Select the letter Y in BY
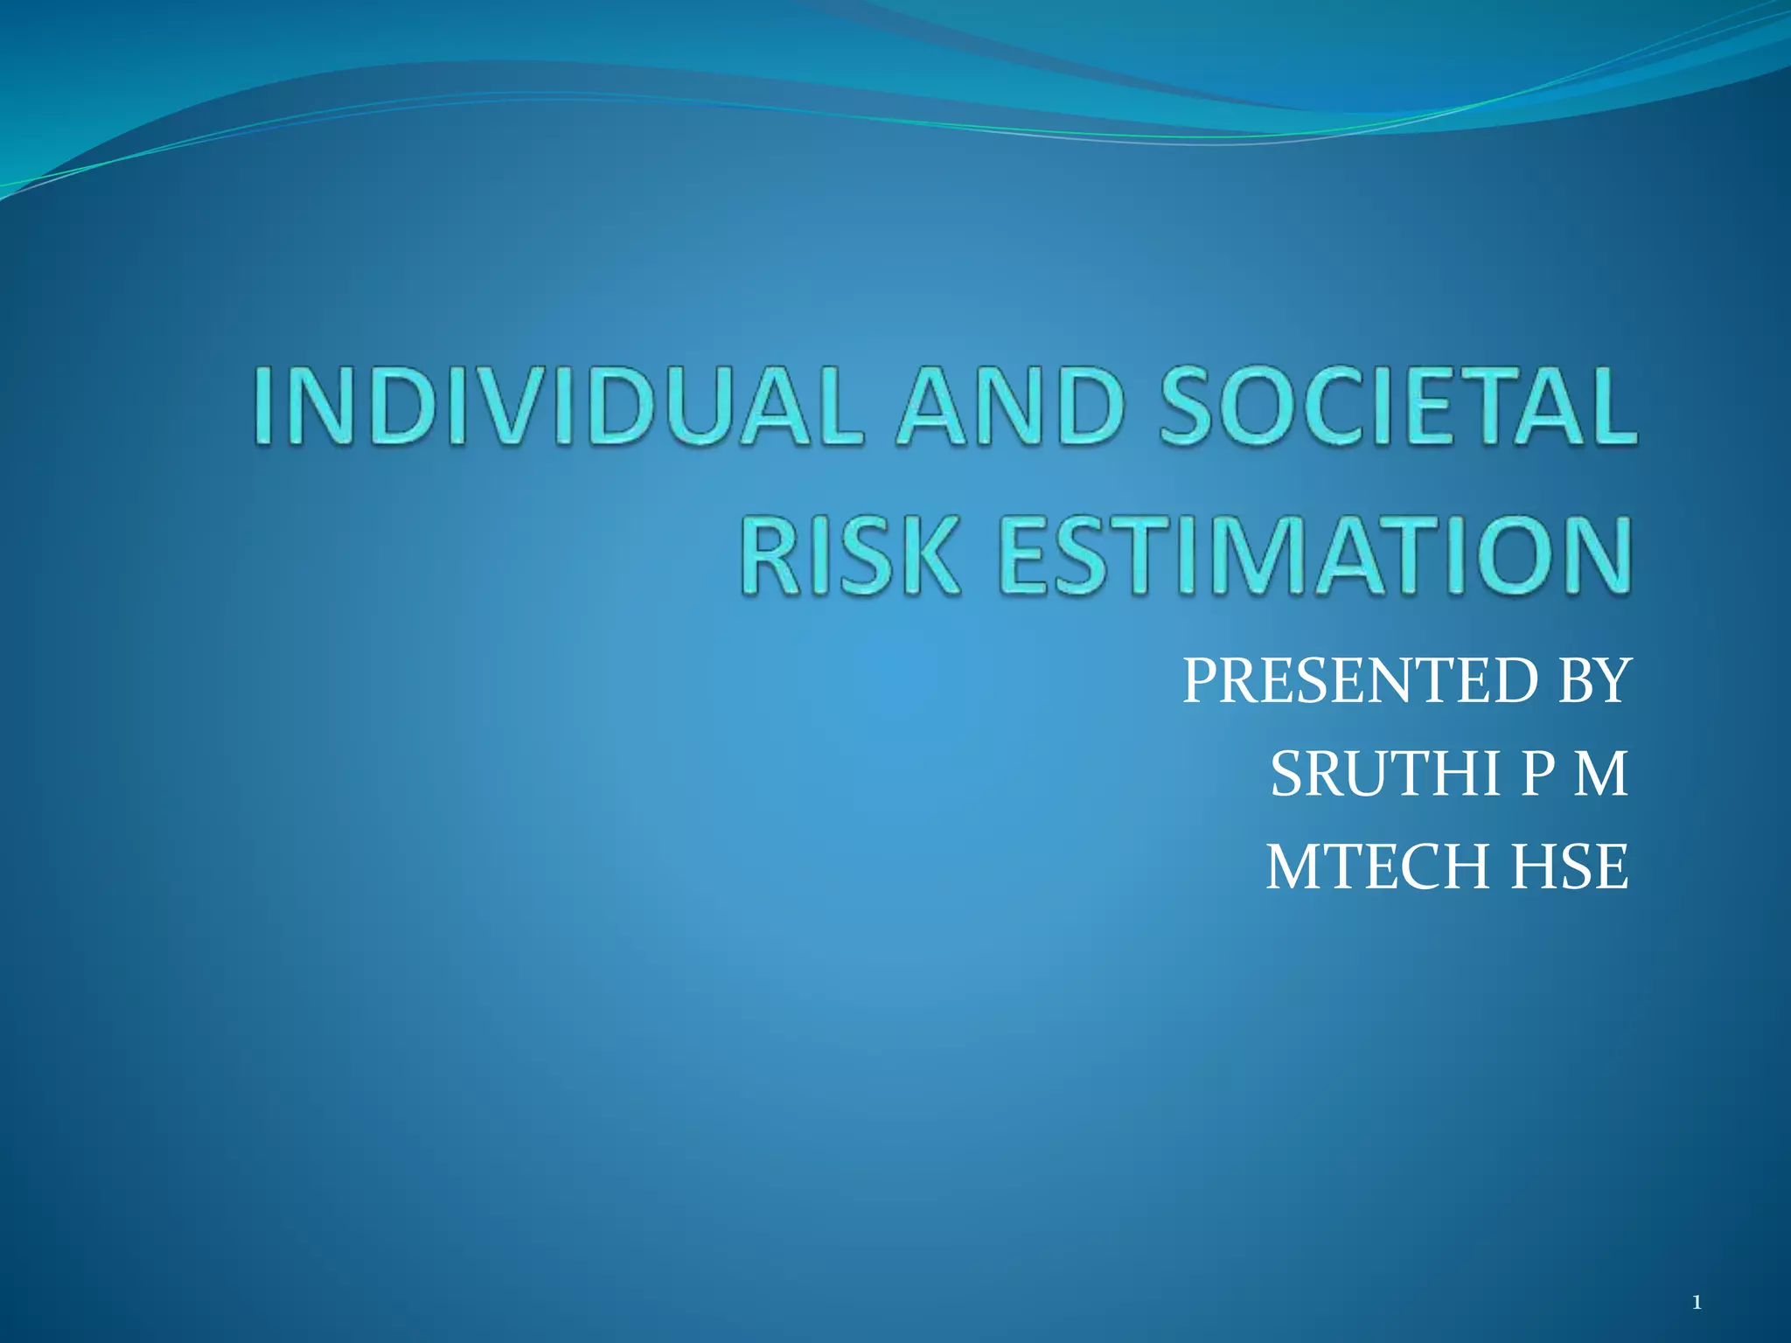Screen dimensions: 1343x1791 coord(1613,681)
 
